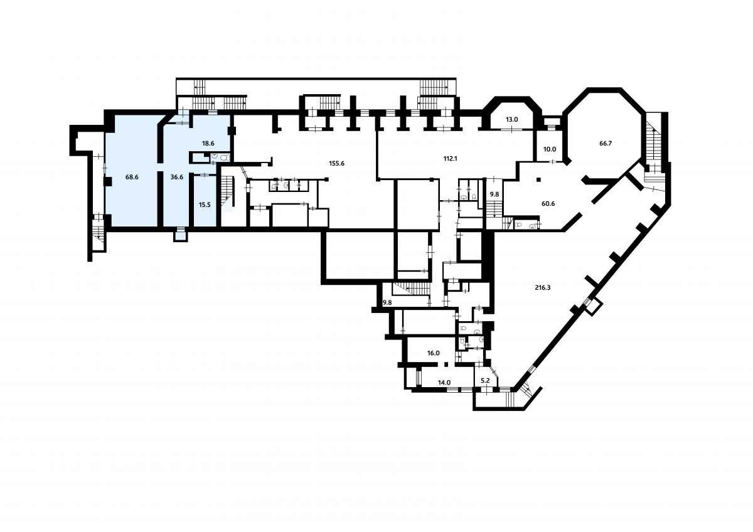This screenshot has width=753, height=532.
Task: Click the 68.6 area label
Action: click(x=132, y=177)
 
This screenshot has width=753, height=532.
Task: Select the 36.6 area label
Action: click(x=176, y=177)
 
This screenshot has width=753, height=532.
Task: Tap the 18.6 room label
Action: click(x=208, y=144)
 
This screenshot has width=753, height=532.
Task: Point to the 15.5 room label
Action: click(x=205, y=205)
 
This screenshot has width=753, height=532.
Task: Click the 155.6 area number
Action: click(x=337, y=164)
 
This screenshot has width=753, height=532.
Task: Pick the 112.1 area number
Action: click(x=450, y=159)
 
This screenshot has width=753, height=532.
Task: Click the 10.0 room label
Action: click(x=550, y=149)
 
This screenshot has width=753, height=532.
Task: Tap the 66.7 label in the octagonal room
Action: click(x=606, y=144)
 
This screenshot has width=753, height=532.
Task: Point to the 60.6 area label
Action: click(x=548, y=204)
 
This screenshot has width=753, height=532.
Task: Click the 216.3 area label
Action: click(x=542, y=288)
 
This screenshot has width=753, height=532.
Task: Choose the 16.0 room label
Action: click(x=434, y=353)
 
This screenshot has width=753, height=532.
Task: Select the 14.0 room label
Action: click(x=444, y=383)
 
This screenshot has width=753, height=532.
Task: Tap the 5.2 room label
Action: click(x=485, y=381)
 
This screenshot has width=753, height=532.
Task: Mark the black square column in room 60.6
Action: click(x=538, y=180)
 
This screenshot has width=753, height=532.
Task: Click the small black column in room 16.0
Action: click(x=446, y=364)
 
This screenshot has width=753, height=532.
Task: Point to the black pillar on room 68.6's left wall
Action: click(x=107, y=182)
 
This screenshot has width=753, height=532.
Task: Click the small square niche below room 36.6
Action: click(x=181, y=235)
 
